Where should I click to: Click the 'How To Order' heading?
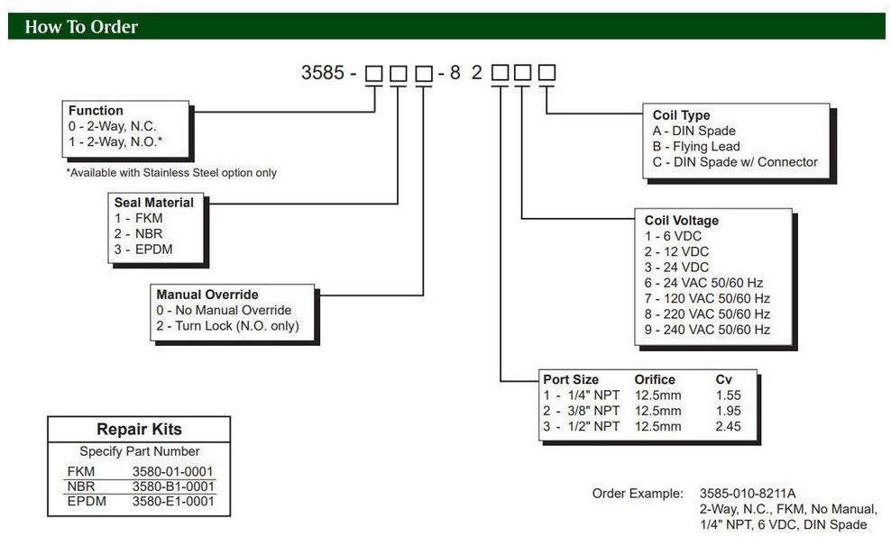[x=81, y=27]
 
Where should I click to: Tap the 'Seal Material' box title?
[x=153, y=203]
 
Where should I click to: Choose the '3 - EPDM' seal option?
[x=143, y=249]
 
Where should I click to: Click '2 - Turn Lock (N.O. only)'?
[x=227, y=326]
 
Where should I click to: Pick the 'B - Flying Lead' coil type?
[x=696, y=147]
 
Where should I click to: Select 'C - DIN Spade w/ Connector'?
[x=735, y=162]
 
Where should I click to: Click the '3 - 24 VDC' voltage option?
[x=676, y=267]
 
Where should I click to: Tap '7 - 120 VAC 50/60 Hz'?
[x=707, y=298]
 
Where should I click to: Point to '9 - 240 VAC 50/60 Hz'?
[x=707, y=330]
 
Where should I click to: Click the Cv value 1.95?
[x=728, y=411]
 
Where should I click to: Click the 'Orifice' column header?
[x=655, y=379]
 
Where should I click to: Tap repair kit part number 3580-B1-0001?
[x=173, y=486]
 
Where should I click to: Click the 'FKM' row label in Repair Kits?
[x=80, y=471]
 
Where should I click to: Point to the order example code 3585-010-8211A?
[x=748, y=494]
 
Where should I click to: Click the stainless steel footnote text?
[x=171, y=173]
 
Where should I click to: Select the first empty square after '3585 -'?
[x=373, y=73]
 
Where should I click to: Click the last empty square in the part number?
[x=547, y=73]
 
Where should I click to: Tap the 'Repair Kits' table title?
[x=139, y=430]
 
